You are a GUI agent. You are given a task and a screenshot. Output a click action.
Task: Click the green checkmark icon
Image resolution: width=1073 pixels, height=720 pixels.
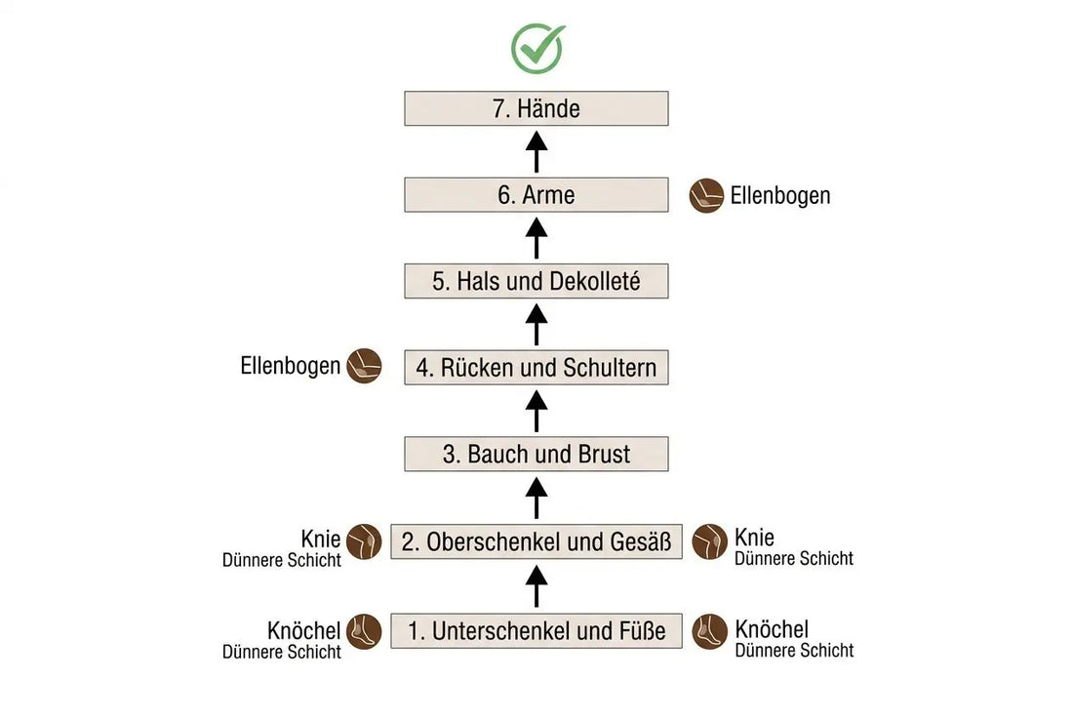point(537,49)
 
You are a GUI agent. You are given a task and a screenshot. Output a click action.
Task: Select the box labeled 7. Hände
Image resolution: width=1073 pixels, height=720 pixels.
point(536,108)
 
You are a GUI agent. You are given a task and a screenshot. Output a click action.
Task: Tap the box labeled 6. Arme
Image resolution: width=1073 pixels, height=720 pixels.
point(536,195)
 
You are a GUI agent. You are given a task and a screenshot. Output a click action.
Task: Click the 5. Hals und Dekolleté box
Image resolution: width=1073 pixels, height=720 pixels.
point(536,281)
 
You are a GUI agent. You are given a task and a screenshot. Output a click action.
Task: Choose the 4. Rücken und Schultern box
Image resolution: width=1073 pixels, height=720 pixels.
point(536,368)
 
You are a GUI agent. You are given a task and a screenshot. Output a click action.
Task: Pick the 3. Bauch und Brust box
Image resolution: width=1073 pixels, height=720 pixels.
point(536,454)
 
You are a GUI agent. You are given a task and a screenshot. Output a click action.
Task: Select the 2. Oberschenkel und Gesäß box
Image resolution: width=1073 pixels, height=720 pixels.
point(536,541)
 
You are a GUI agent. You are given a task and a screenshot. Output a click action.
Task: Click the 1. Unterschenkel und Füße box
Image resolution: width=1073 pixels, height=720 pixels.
point(536,630)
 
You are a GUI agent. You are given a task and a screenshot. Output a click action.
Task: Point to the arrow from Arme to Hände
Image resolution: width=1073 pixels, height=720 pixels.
point(536,152)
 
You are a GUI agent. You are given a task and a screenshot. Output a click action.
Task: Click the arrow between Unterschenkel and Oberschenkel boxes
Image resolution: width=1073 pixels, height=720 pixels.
point(536,586)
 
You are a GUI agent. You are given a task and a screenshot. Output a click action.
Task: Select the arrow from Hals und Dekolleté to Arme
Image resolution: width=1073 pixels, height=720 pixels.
point(536,238)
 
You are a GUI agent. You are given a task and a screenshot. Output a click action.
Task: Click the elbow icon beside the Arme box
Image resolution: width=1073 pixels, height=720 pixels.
point(706,196)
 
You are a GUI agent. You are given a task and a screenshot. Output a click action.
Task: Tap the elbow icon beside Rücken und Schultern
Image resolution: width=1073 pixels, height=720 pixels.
point(364,366)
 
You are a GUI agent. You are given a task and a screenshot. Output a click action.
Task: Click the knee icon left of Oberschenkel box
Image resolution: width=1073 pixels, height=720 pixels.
point(364,542)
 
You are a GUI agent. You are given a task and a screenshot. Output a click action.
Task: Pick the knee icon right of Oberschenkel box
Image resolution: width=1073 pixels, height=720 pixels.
point(709,542)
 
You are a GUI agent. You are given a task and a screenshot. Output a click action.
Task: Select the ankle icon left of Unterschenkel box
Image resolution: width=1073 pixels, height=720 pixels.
point(364,632)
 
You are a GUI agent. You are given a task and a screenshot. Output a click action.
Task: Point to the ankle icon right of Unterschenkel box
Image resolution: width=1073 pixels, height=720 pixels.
point(709,632)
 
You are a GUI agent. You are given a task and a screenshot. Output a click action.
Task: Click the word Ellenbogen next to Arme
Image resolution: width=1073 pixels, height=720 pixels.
point(780,196)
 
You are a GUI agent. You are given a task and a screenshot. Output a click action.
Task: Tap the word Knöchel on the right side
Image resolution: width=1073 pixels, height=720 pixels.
point(772,629)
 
